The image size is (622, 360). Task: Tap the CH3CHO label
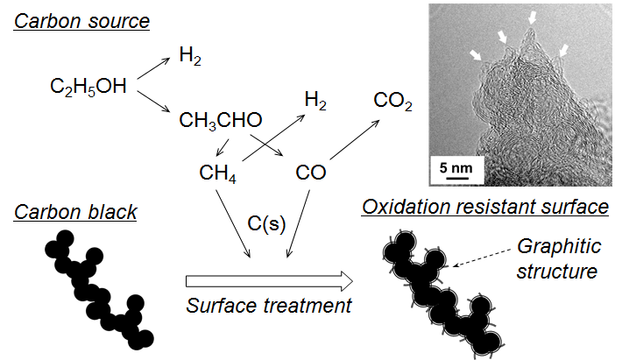220,120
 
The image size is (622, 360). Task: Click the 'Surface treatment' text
269,306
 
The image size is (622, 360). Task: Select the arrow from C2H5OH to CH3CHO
150,104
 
